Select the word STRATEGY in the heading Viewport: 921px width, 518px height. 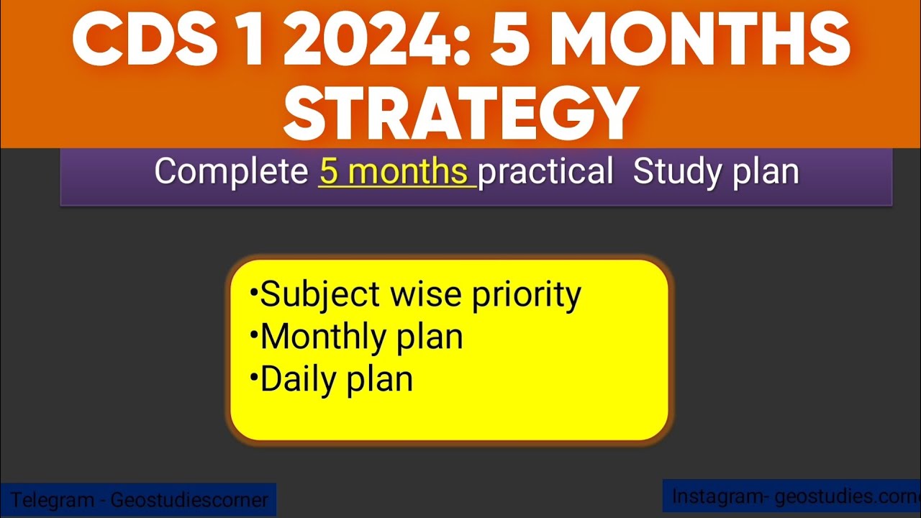pos(460,113)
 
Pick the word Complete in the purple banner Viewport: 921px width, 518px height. pos(231,173)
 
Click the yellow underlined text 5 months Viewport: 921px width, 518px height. pos(395,173)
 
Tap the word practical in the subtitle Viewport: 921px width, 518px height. pos(545,173)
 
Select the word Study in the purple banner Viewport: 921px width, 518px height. pos(674,173)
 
